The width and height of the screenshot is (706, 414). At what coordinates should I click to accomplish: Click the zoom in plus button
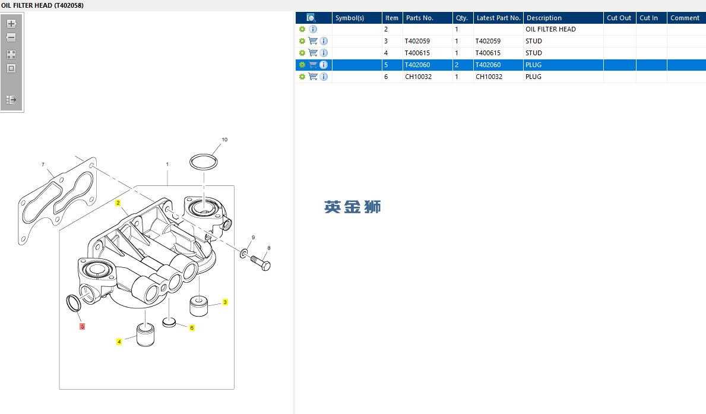(x=11, y=23)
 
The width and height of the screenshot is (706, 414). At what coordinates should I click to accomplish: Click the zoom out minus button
(x=11, y=38)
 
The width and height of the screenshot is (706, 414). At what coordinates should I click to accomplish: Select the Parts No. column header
(x=420, y=18)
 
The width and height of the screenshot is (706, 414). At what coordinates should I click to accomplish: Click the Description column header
(x=544, y=18)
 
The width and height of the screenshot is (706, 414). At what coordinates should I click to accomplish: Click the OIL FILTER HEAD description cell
(x=550, y=29)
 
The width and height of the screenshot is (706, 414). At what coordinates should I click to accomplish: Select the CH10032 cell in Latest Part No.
(x=489, y=77)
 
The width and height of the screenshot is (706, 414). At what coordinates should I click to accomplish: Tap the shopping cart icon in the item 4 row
(x=313, y=53)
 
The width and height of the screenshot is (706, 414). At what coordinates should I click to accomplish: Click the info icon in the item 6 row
(x=324, y=77)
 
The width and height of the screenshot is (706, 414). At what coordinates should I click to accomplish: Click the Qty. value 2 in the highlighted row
(x=457, y=65)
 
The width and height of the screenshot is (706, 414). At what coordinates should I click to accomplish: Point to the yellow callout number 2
(x=118, y=203)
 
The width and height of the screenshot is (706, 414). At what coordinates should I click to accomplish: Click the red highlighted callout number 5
(x=83, y=327)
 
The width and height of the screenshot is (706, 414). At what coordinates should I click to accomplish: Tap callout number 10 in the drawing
(x=224, y=140)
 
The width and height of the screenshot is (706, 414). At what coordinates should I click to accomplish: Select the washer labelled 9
(x=243, y=253)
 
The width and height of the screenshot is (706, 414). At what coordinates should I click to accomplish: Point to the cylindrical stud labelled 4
(x=145, y=335)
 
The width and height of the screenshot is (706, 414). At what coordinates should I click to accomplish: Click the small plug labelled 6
(x=169, y=322)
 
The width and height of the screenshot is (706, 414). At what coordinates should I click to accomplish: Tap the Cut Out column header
(x=619, y=18)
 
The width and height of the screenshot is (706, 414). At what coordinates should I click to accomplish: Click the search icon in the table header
(x=311, y=18)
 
